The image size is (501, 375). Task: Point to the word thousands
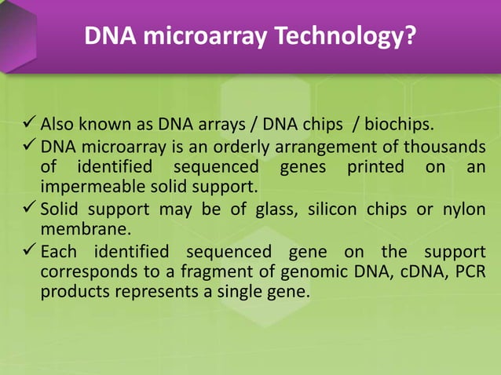tap(445, 147)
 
